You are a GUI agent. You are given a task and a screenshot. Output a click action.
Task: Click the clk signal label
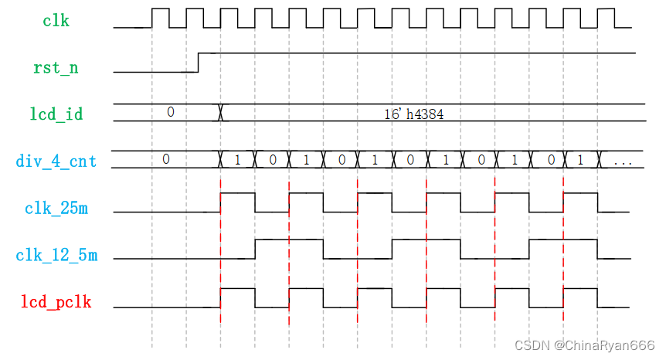(x=56, y=21)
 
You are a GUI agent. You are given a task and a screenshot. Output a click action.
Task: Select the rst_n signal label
(x=56, y=68)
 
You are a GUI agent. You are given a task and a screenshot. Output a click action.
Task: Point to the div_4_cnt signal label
(x=56, y=161)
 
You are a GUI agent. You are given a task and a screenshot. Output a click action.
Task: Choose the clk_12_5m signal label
(x=56, y=255)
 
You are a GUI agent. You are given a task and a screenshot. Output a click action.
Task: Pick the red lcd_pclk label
(x=56, y=302)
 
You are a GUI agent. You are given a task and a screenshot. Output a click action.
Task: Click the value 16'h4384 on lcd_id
(x=413, y=114)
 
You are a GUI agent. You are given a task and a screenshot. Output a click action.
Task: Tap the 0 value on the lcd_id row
(x=171, y=113)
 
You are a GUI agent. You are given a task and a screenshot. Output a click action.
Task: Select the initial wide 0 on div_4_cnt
(x=165, y=159)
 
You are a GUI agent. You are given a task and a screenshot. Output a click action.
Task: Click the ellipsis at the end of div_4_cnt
(x=622, y=161)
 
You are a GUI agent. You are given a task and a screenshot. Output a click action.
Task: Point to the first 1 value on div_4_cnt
(x=238, y=160)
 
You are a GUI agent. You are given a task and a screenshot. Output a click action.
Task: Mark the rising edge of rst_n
(x=199, y=63)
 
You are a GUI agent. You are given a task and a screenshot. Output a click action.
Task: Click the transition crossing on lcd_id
(x=222, y=113)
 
